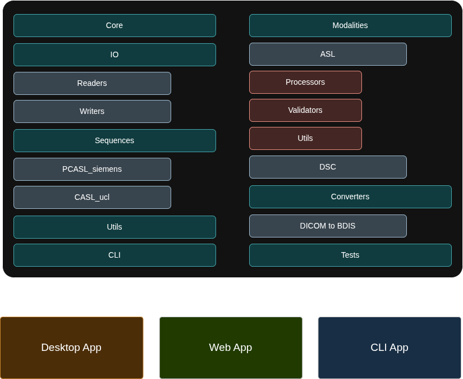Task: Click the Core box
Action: (114, 26)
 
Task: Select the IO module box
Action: (114, 55)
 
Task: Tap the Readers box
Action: (92, 83)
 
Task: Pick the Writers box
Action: (92, 111)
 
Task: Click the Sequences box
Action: (114, 140)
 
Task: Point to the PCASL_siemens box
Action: (92, 169)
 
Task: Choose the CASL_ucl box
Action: (92, 197)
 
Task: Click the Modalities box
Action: (350, 26)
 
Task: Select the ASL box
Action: (328, 54)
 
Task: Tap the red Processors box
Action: (305, 82)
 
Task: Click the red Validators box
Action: (305, 110)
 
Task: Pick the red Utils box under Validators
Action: (305, 138)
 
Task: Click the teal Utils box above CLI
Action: (114, 227)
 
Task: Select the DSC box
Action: (328, 167)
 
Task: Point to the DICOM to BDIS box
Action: (328, 226)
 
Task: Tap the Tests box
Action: (350, 255)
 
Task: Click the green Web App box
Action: (231, 348)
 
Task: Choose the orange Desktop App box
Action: (71, 348)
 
